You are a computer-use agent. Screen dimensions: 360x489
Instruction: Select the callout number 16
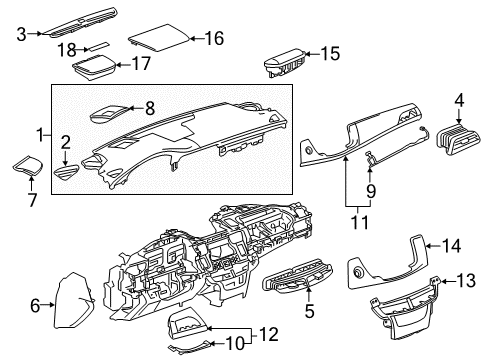[213, 39]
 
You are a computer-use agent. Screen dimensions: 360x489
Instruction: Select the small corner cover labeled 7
[26, 164]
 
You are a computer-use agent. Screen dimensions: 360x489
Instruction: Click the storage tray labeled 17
[92, 71]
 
